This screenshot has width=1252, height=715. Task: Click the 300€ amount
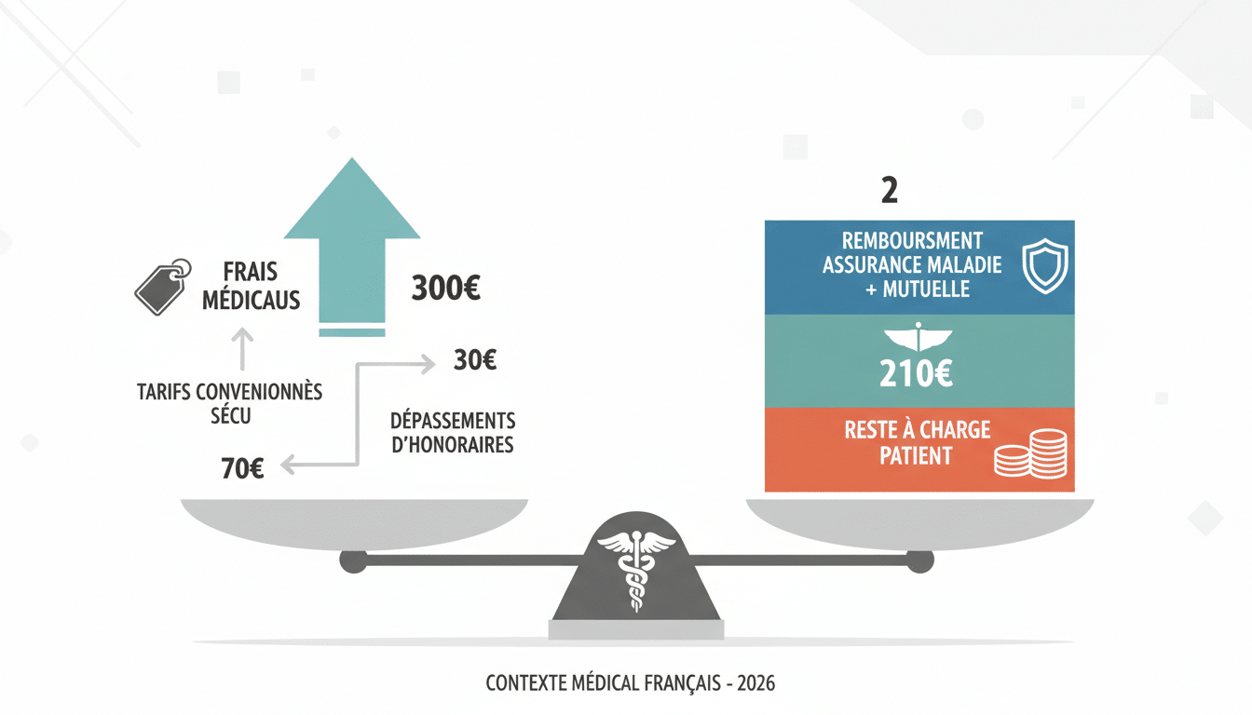(x=445, y=288)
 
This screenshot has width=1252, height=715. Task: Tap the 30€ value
(x=474, y=359)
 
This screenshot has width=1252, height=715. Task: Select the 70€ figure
(x=242, y=468)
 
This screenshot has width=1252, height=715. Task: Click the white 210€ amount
(x=916, y=373)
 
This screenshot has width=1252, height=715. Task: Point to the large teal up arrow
(x=352, y=246)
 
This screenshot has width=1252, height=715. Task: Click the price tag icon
(x=163, y=287)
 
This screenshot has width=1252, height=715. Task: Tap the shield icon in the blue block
(x=1044, y=266)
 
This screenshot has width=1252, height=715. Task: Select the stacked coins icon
(x=1030, y=453)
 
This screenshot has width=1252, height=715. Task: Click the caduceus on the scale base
(x=636, y=571)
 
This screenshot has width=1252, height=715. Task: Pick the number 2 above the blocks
(x=890, y=190)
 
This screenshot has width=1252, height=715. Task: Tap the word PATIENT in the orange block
(x=916, y=456)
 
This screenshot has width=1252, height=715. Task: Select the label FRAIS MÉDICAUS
(x=251, y=286)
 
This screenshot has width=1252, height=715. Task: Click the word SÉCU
(x=231, y=415)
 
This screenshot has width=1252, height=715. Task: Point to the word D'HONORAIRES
(x=452, y=445)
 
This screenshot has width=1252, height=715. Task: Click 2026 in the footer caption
(x=755, y=683)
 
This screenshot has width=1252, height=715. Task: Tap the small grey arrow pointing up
(x=242, y=349)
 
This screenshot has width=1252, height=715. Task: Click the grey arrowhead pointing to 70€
(x=288, y=465)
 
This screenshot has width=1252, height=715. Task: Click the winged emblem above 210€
(x=918, y=337)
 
